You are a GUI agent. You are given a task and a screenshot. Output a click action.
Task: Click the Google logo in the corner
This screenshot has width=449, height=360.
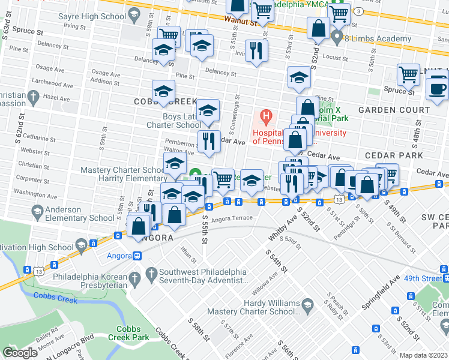tap(20, 353)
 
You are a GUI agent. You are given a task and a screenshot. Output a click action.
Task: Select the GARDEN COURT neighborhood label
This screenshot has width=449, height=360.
tap(394, 110)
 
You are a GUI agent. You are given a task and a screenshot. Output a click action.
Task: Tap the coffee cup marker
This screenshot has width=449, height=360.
tap(438, 88)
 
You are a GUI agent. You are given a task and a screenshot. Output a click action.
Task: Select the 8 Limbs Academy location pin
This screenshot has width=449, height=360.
tap(337, 38)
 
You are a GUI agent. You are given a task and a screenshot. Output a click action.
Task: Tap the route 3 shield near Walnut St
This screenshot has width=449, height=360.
tap(358, 11)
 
